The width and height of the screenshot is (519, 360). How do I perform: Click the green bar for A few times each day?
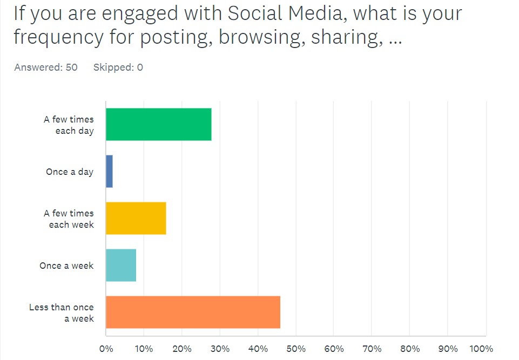[158, 125]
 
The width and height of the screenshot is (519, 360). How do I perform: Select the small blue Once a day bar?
[109, 172]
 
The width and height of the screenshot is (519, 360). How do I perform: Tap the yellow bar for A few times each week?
[136, 218]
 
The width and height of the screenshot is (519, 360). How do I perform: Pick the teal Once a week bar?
[120, 265]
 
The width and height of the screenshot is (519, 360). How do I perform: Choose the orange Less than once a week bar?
[193, 312]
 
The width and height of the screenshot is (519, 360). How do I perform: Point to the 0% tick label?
[106, 348]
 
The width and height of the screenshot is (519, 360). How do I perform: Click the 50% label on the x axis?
[296, 348]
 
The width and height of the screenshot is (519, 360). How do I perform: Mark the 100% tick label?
[482, 348]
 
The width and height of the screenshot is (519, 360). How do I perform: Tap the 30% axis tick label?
[220, 348]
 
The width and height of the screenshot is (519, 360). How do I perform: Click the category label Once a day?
[70, 172]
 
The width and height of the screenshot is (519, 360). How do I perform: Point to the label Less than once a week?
[62, 313]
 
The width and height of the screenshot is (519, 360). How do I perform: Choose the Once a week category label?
[66, 266]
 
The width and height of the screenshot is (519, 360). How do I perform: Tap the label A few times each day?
[69, 125]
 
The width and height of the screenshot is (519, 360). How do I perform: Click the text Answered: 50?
[46, 67]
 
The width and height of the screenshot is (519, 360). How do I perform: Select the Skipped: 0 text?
[118, 67]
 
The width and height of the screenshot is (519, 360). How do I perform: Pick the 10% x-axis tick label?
[144, 348]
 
